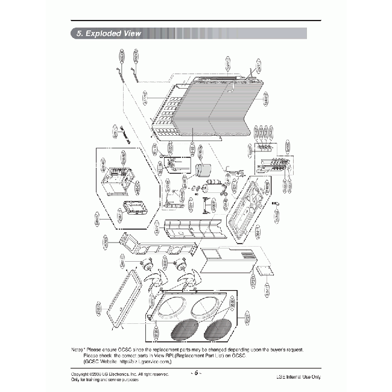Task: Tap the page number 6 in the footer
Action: coord(196,372)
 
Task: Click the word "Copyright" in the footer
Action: coord(82,375)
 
